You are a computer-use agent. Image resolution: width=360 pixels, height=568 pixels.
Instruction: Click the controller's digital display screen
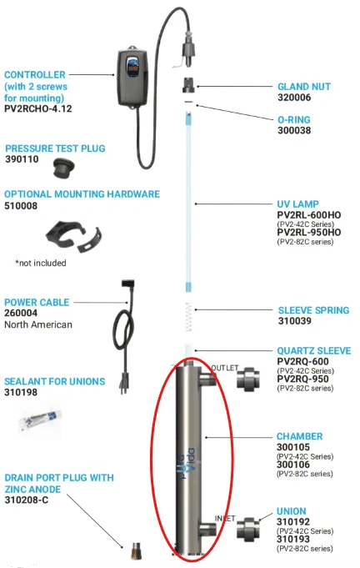pos(133,66)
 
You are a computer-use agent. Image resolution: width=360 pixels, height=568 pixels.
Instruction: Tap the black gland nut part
pos(188,85)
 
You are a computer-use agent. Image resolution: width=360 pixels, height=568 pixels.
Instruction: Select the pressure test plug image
pos(63,169)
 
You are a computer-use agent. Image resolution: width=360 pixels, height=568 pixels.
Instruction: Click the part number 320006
pos(294,98)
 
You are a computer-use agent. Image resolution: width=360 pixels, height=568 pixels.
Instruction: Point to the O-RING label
pos(294,119)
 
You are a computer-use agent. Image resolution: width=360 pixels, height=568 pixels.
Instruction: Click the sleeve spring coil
pos(188,317)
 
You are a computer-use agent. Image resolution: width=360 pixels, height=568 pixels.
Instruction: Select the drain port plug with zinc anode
pos(137,550)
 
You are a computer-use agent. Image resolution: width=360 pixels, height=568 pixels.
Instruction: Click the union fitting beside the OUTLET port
pos(248,379)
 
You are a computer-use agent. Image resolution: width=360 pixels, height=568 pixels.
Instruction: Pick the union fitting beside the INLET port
pos(248,529)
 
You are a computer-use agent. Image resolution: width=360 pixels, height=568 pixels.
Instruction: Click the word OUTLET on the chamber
pos(225,368)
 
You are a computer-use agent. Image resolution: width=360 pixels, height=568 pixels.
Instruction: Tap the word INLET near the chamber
pos(225,518)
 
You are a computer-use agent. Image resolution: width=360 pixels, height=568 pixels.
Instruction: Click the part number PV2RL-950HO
pos(309,232)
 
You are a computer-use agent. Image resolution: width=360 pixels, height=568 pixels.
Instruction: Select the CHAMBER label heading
pos(299,436)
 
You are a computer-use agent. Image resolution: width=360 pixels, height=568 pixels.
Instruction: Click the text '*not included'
pos(41,263)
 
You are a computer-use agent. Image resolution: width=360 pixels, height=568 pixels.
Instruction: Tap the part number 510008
pos(21,206)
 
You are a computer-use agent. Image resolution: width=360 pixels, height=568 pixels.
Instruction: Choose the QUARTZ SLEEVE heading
pos(314,350)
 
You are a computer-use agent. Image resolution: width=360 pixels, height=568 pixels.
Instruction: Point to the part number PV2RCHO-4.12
pos(38,108)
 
